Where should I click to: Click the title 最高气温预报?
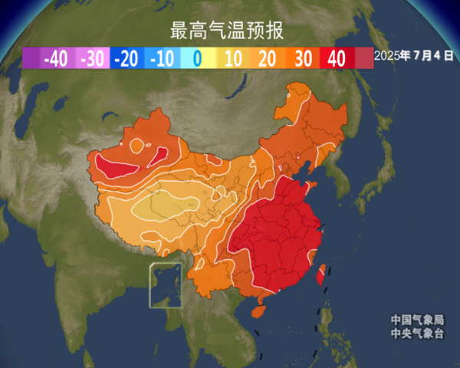[227, 31]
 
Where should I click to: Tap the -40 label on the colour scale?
[57, 58]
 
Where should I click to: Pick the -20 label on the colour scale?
[127, 58]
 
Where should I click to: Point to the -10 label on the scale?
[163, 58]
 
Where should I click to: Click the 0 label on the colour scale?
[197, 58]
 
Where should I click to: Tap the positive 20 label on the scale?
[268, 58]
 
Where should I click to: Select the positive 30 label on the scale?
[302, 58]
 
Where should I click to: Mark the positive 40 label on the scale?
[336, 58]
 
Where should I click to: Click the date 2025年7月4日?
[414, 56]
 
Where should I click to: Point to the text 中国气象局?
[416, 320]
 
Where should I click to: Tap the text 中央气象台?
[416, 333]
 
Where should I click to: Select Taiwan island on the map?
[322, 270]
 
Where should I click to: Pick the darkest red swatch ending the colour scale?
[363, 58]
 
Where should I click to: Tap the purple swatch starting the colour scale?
[31, 58]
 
